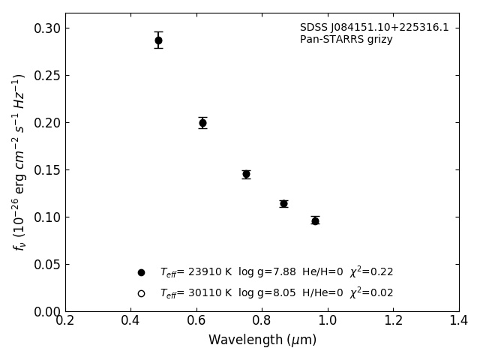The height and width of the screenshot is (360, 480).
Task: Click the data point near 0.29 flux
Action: [158, 40]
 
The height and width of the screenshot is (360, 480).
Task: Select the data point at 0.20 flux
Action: [202, 123]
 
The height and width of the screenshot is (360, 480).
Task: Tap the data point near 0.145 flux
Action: [246, 174]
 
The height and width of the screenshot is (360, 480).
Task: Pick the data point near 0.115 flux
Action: [283, 203]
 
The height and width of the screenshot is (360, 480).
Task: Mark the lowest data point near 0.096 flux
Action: [315, 220]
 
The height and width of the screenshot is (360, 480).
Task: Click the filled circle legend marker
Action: [141, 272]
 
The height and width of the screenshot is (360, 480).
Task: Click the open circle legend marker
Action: [141, 293]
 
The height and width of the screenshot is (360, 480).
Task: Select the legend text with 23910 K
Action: [276, 272]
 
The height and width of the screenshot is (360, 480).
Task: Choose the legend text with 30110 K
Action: [276, 293]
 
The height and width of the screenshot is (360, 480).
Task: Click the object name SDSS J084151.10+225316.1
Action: [374, 28]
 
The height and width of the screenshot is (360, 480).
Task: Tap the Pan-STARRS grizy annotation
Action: [346, 40]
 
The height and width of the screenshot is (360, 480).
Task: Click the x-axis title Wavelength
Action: [262, 340]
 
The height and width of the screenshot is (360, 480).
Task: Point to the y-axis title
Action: [19, 162]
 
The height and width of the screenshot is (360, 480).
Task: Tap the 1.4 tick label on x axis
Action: [458, 321]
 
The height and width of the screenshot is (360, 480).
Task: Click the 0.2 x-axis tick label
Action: [65, 321]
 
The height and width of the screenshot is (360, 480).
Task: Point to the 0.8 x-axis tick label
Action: [262, 321]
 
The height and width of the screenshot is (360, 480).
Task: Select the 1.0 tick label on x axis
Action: [328, 321]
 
